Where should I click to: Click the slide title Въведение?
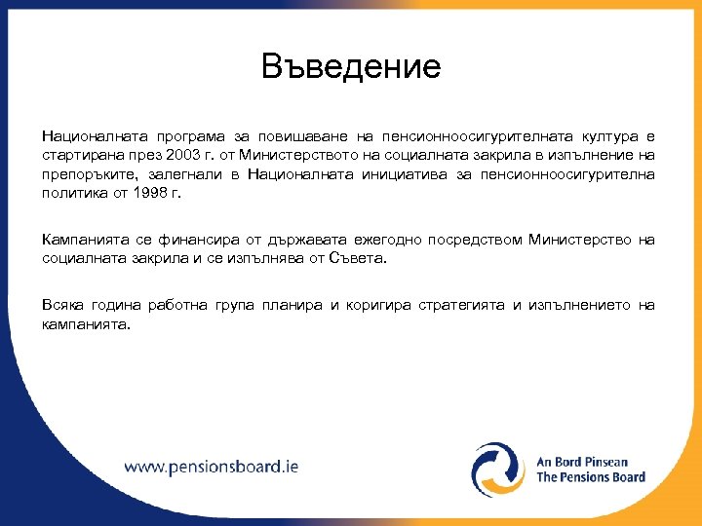[351, 67]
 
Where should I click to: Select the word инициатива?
[362, 174]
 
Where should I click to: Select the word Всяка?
[62, 305]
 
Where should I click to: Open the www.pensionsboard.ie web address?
[212, 467]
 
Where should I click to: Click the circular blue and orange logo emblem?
[498, 470]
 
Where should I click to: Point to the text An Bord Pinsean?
[582, 461]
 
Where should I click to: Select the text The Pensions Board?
[591, 477]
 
